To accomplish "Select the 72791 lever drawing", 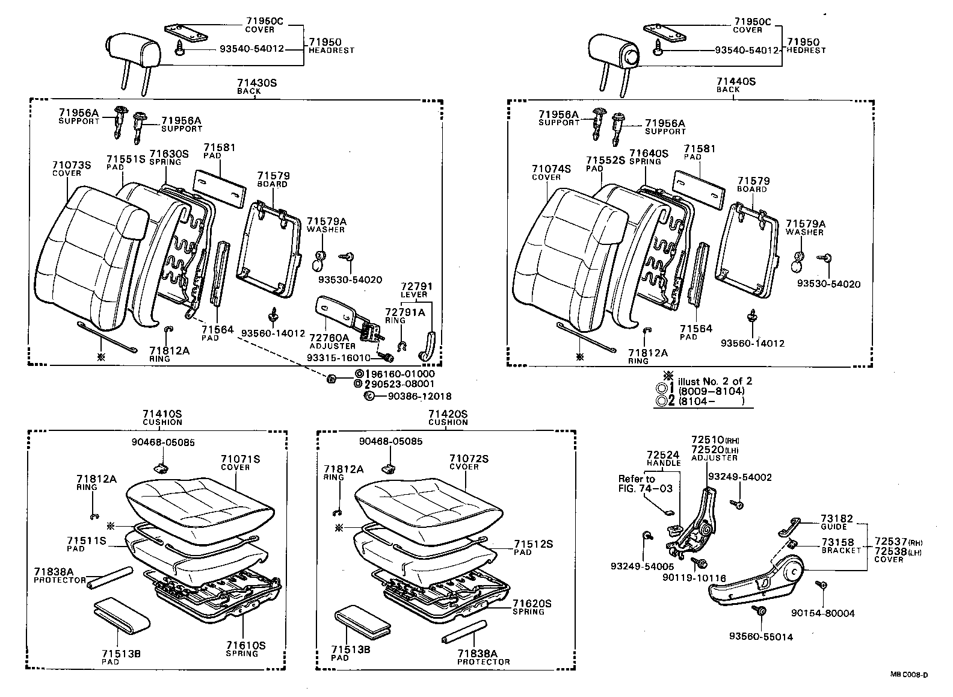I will (429, 345).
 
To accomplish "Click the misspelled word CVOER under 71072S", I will (464, 466).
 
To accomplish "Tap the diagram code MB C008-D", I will (909, 675).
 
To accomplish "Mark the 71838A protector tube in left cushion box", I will (109, 577).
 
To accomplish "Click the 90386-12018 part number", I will (419, 396).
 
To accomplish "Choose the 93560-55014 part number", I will (760, 637).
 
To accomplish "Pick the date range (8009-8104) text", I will (711, 391).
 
